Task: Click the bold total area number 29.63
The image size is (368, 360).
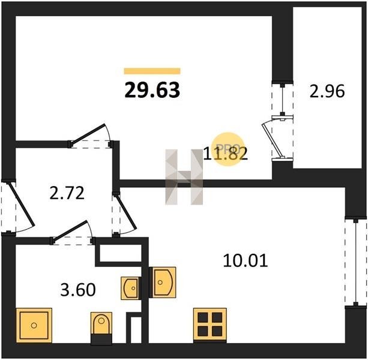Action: point(152,91)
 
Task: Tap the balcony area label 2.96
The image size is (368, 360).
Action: point(327,91)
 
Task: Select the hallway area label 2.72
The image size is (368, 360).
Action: point(67,193)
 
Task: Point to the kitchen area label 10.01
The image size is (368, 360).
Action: point(246,261)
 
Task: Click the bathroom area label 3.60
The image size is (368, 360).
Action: point(78,290)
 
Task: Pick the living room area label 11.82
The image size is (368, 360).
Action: point(225,154)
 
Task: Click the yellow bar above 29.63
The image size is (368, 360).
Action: point(152,71)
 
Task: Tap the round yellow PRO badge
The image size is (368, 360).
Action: point(228,149)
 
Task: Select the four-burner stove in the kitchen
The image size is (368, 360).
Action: point(210,325)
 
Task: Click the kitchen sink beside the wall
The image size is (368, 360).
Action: point(163,282)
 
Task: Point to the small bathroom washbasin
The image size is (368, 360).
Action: point(130,288)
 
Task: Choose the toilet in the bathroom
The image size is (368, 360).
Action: point(101,328)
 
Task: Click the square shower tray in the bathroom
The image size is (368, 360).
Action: point(34,325)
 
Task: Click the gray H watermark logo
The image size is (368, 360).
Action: point(184,177)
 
